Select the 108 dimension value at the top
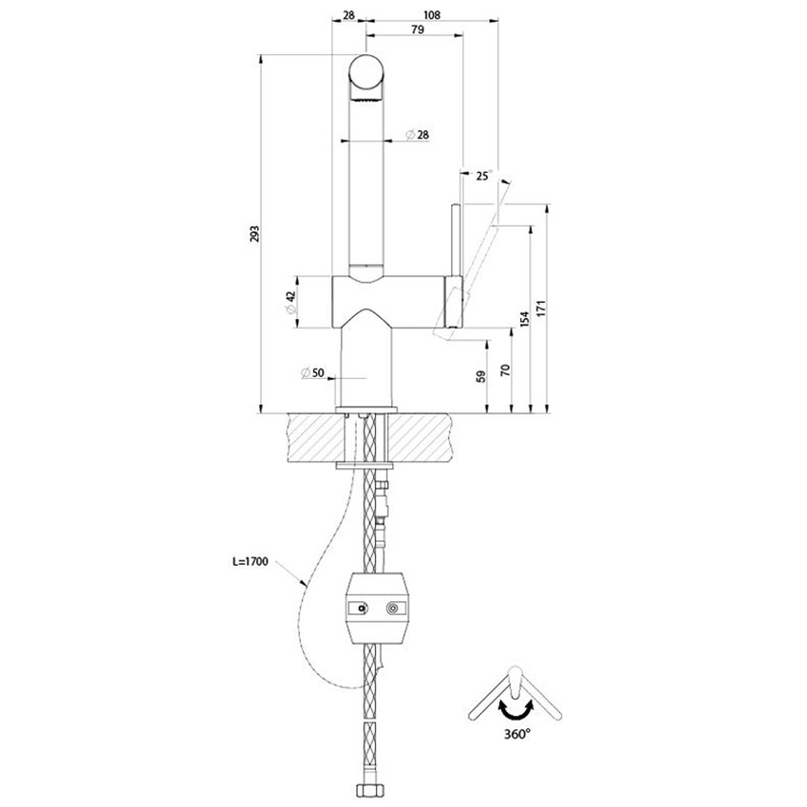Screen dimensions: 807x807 click(432, 15)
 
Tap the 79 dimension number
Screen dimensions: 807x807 click(416, 30)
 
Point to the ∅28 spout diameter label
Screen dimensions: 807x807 click(415, 135)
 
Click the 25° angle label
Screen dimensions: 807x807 click(483, 176)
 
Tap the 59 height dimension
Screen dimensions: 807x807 click(480, 376)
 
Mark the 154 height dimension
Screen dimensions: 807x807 click(523, 320)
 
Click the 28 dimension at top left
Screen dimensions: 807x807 click(348, 15)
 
